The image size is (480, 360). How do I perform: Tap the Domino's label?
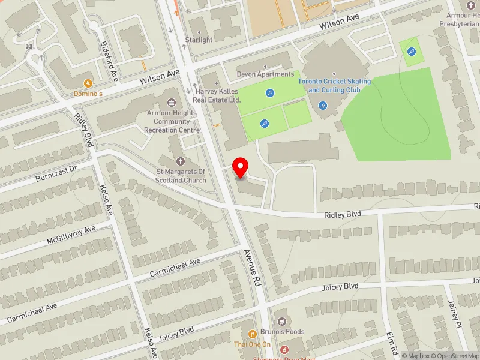click(89, 94)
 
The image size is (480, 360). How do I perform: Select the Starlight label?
click(199, 40)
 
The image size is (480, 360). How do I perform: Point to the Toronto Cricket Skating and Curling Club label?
click(340, 86)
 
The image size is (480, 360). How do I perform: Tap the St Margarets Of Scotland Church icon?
click(181, 161)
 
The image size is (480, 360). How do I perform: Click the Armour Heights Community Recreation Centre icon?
click(172, 102)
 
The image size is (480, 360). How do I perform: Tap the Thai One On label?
click(252, 344)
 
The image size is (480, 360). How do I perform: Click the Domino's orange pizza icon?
click(88, 83)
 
